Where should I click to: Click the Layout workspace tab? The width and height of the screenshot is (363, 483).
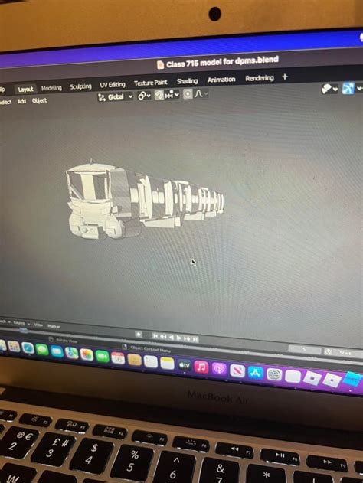point(26,89)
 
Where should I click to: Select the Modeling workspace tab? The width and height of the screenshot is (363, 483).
point(51,88)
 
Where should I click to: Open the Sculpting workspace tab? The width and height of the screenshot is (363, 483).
point(80,86)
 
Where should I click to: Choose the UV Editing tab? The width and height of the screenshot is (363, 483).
point(113,85)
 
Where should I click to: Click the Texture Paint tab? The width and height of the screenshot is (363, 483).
point(150,83)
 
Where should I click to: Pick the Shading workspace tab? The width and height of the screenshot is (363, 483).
point(187,81)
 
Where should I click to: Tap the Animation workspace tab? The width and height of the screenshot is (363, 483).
point(221,80)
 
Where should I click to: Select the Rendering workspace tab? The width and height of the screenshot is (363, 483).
point(259,78)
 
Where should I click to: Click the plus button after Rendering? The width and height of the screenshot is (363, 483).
point(285,77)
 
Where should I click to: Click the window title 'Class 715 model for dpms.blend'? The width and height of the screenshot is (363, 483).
point(217,60)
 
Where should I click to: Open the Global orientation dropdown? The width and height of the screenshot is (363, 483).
point(116,96)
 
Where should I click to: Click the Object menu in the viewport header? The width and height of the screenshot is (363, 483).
point(39,100)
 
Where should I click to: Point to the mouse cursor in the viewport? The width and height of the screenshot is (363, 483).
point(193,262)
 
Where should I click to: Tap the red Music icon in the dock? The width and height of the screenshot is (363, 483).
point(201,367)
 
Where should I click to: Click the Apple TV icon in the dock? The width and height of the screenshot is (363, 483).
point(185,366)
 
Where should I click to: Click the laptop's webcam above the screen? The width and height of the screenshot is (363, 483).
point(215,13)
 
